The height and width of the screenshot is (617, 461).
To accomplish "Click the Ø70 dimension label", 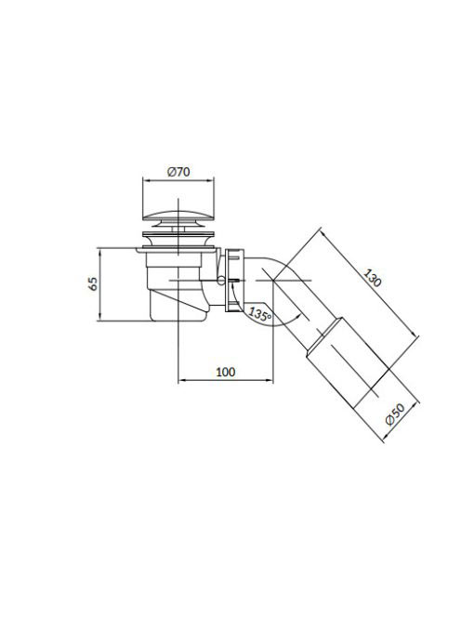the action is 178,172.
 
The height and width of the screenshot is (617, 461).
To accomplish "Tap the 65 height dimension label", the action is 93,283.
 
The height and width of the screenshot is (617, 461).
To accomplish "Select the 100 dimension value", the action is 226,372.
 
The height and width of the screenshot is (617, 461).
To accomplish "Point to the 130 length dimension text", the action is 372,278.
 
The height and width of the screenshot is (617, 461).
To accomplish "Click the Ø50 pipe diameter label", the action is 395,414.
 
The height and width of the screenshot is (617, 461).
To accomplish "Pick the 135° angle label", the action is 260,315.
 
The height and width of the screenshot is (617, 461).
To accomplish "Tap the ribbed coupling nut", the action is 234,281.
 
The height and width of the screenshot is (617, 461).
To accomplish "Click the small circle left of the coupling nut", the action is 221,281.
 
